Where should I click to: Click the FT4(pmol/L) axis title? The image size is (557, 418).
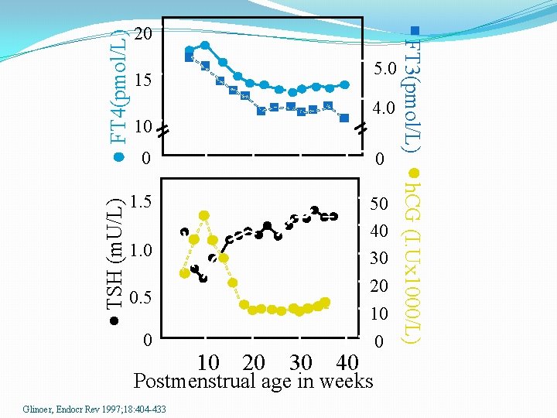[118, 87]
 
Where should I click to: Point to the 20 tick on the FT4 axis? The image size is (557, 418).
[144, 35]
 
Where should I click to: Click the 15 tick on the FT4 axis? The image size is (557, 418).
[144, 81]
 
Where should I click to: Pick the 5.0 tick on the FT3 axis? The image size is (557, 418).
[384, 70]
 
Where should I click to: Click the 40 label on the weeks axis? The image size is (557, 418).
[347, 362]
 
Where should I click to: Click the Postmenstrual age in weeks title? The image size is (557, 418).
[253, 382]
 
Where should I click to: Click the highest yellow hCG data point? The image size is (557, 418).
[203, 215]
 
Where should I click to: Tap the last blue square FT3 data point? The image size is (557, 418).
[344, 118]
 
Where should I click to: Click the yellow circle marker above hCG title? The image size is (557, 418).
[414, 172]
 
